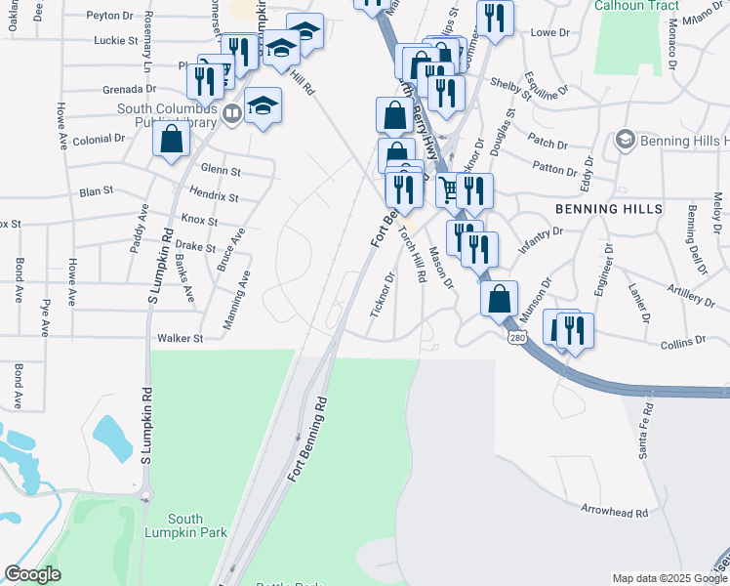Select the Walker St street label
(180, 339)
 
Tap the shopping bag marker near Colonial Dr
(171, 139)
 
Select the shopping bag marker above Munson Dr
(499, 299)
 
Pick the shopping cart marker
(450, 189)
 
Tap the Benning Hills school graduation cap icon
(624, 141)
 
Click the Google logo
(32, 574)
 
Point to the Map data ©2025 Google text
(669, 578)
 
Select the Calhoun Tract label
(635, 5)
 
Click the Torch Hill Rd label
(414, 256)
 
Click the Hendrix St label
(215, 197)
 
